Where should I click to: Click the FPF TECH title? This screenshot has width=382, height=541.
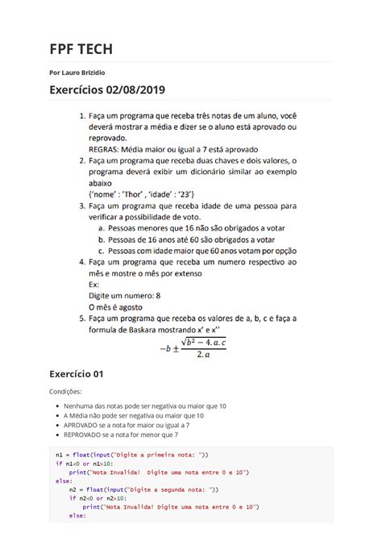[x=81, y=49]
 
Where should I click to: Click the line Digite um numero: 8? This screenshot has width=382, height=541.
[x=126, y=296]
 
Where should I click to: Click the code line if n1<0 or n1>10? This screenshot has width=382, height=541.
[x=85, y=464]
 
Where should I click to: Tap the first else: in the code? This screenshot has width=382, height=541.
[x=64, y=480]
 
